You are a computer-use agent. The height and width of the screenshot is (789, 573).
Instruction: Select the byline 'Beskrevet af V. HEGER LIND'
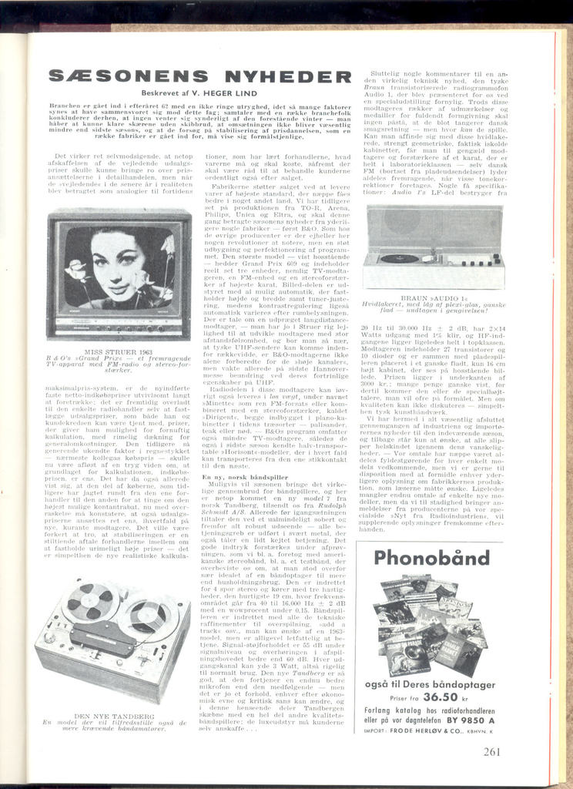click(203, 92)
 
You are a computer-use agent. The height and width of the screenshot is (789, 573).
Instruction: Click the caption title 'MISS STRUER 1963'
click(118, 350)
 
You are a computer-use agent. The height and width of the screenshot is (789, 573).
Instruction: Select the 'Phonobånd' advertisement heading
click(428, 558)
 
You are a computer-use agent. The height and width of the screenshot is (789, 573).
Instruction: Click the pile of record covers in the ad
click(428, 624)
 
